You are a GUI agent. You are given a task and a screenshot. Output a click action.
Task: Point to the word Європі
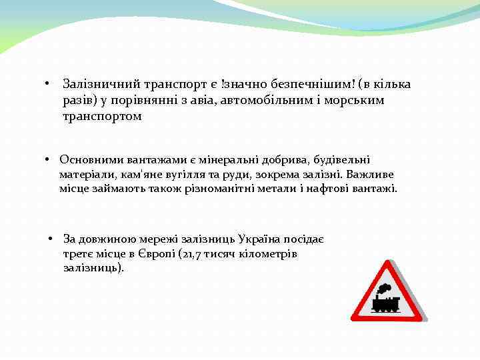[x=156, y=253]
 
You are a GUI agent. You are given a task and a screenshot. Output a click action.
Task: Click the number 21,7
[x=191, y=253]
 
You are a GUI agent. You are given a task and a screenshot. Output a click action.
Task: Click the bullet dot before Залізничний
[x=47, y=85]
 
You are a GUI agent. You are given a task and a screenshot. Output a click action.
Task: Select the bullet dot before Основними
[x=49, y=160]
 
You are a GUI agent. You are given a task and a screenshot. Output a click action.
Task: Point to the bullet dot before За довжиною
[x=50, y=239]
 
